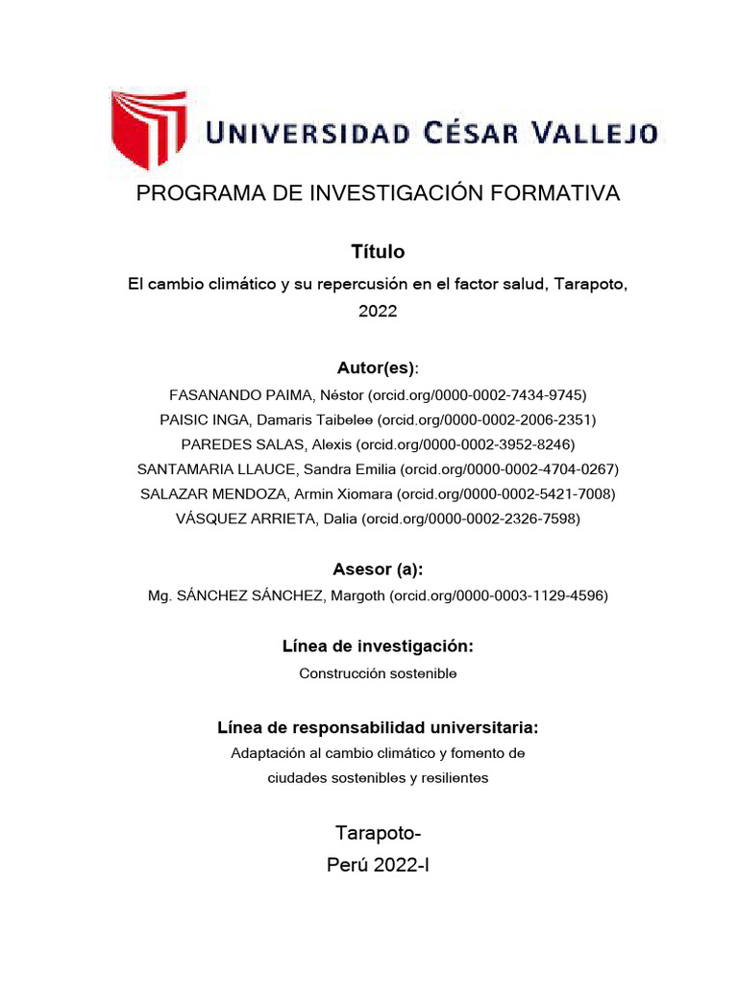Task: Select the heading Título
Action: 378,252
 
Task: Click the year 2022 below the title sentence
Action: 378,311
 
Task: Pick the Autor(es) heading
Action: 376,368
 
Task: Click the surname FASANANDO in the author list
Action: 211,394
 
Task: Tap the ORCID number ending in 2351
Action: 487,419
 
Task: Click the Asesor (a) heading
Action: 378,569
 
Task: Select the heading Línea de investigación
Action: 378,646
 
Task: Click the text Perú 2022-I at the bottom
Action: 378,866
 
